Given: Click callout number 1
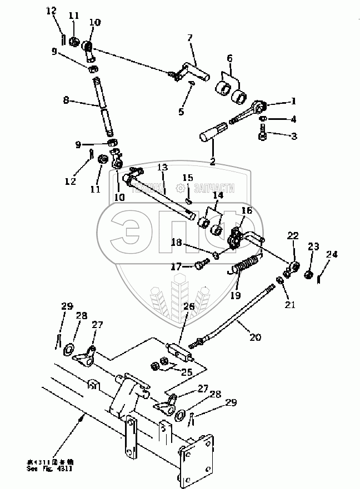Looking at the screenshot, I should [x=294, y=102].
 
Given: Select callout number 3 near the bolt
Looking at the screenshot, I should [x=294, y=136].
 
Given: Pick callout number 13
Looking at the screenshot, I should [x=162, y=168].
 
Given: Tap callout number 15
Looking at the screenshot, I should [x=188, y=178].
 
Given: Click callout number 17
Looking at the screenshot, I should [x=176, y=267].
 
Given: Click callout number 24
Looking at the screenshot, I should [x=332, y=255].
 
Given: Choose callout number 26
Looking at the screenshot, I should [x=189, y=306].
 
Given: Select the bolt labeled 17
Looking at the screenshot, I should [x=199, y=266].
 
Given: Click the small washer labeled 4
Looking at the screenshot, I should [x=262, y=119].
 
